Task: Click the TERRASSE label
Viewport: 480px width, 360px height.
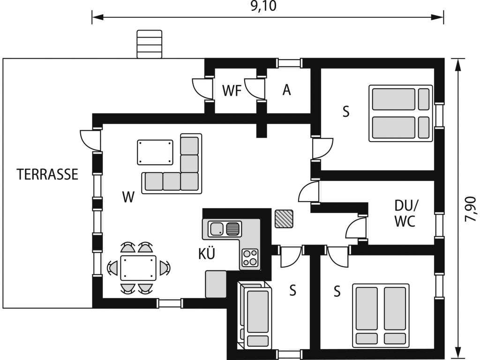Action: [x=47, y=174]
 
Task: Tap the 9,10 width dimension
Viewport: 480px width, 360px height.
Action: [x=263, y=6]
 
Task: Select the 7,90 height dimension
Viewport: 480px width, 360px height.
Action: [x=471, y=209]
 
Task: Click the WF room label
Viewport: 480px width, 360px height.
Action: [x=232, y=90]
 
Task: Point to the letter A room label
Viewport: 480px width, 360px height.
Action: [x=286, y=90]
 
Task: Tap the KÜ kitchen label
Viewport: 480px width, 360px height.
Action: [x=207, y=254]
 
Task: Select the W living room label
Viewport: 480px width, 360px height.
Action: [x=128, y=197]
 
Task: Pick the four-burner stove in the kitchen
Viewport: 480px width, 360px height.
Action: [x=250, y=258]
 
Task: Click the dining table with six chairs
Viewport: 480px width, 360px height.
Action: [x=138, y=268]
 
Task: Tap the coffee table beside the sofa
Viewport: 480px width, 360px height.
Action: [x=155, y=152]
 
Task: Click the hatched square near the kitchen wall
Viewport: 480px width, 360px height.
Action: [x=284, y=218]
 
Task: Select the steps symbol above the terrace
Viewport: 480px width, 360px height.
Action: [x=149, y=44]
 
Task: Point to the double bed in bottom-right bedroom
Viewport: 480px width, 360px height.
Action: [x=381, y=315]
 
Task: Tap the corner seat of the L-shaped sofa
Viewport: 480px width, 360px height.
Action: [x=189, y=181]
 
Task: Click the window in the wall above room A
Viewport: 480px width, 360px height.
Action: [x=289, y=63]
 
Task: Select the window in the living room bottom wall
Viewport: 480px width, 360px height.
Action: [x=170, y=303]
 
